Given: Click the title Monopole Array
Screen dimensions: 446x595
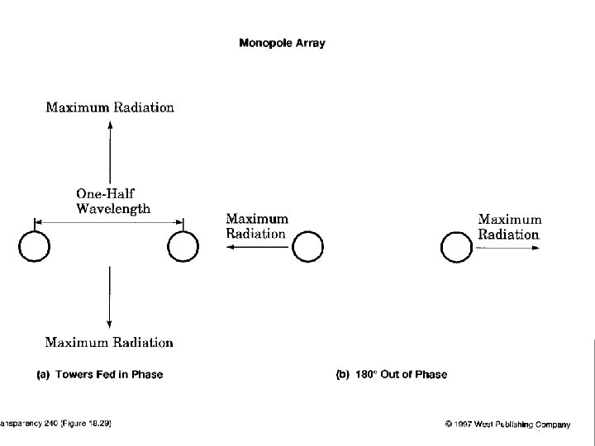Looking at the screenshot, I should pyautogui.click(x=282, y=44).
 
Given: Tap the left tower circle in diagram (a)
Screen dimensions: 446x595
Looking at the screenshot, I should pyautogui.click(x=35, y=246).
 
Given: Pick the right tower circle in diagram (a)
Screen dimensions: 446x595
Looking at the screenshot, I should pyautogui.click(x=183, y=246).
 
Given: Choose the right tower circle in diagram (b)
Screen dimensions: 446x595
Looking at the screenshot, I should pyautogui.click(x=456, y=246).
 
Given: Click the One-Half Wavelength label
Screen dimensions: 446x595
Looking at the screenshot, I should pyautogui.click(x=113, y=201).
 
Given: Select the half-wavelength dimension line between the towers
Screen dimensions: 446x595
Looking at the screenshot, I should pyautogui.click(x=108, y=221).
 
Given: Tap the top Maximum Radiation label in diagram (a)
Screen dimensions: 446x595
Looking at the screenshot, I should pyautogui.click(x=110, y=107).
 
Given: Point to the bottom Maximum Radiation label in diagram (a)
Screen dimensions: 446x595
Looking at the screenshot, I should pyautogui.click(x=109, y=342).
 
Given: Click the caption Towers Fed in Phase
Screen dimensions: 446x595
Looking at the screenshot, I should pyautogui.click(x=109, y=375).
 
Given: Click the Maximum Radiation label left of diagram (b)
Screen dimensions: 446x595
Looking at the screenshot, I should pyautogui.click(x=257, y=226).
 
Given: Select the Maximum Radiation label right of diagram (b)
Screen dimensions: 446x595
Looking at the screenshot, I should pyautogui.click(x=510, y=226).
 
